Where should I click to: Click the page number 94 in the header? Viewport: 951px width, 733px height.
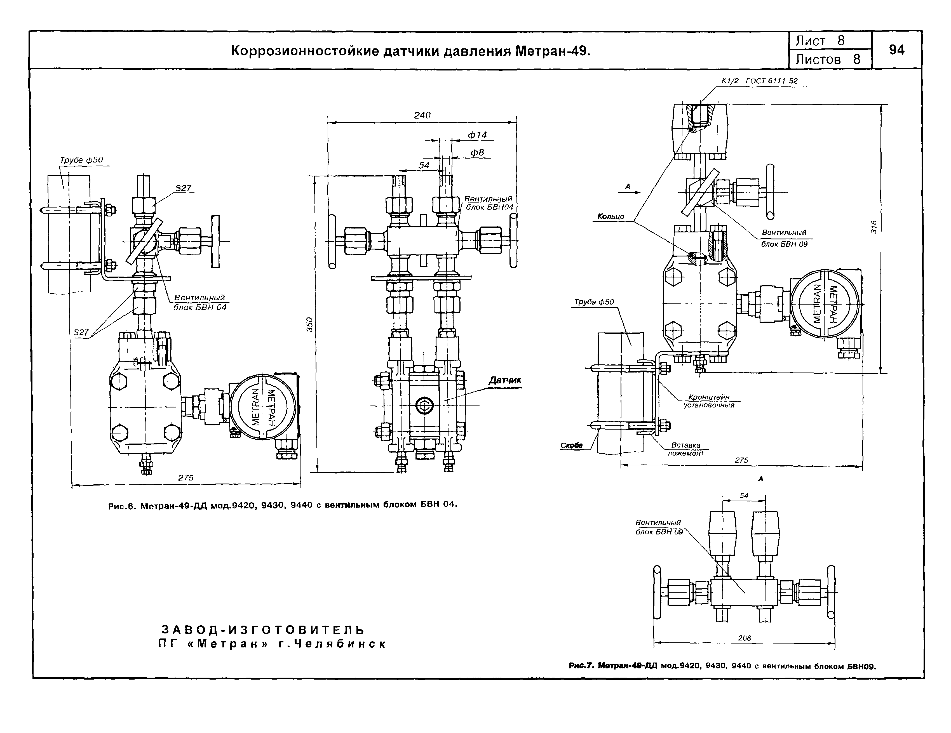(896, 50)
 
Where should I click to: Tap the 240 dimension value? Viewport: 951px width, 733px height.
(422, 115)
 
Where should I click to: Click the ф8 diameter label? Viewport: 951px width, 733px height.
(478, 153)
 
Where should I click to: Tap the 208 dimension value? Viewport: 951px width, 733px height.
(744, 638)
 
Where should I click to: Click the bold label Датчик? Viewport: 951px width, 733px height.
(505, 380)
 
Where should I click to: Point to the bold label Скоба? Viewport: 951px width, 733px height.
(571, 446)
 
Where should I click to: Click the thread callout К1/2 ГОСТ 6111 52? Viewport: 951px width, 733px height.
(759, 81)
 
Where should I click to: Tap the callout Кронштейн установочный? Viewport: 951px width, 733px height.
(708, 401)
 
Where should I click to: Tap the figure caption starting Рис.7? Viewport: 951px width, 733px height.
(722, 666)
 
